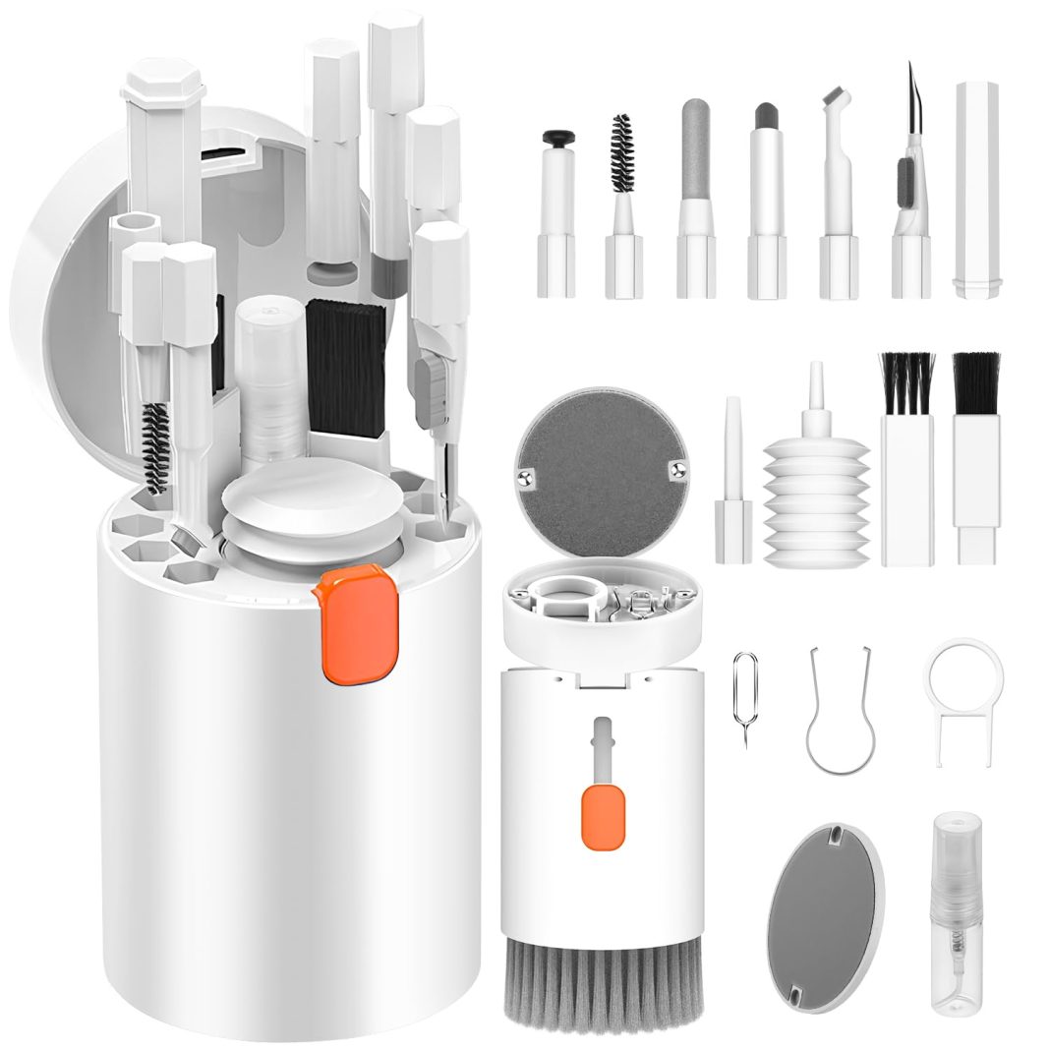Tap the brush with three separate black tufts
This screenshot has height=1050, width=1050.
(904, 462)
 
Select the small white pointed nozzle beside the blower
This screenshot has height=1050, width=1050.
(732, 482)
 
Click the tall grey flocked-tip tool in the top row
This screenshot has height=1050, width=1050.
(694, 197)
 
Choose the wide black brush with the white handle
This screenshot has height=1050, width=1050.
(975, 457)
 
